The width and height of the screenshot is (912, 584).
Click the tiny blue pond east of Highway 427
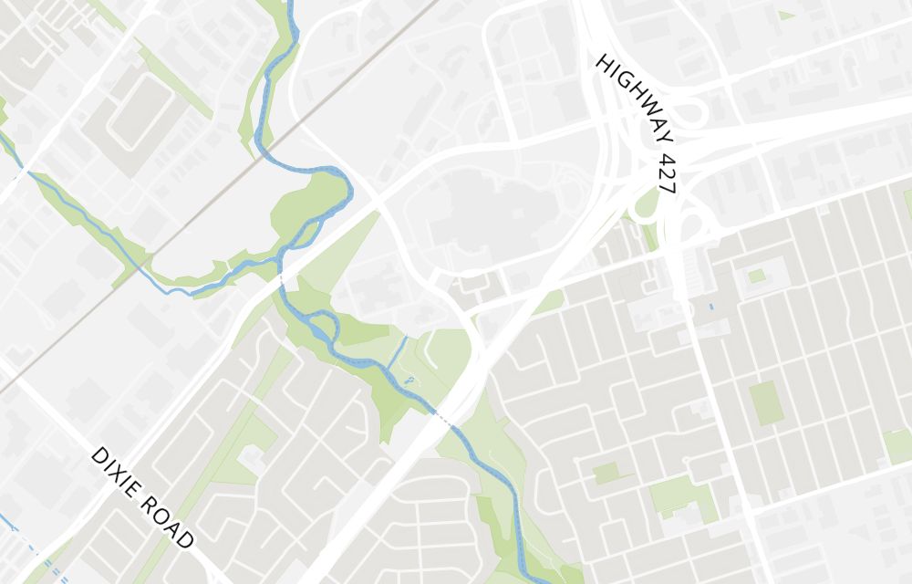[711, 307]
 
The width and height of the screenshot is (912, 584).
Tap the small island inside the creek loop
[320, 326]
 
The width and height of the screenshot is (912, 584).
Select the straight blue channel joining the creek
[397, 352]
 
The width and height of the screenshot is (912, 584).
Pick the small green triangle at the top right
[786, 15]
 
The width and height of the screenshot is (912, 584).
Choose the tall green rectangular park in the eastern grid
[765, 403]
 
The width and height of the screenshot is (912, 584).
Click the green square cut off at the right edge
[898, 444]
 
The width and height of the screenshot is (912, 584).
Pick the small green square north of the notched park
[605, 474]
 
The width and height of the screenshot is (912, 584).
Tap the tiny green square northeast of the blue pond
[756, 276]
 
